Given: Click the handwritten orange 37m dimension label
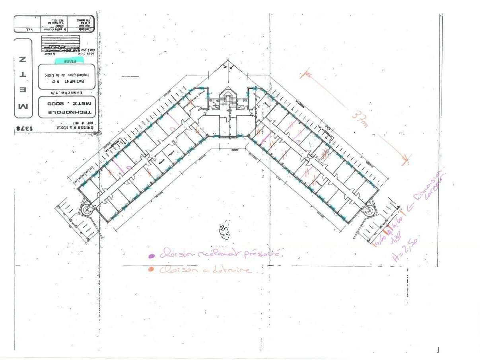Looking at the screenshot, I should pos(360,118).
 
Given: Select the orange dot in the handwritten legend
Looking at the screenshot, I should pos(151,269).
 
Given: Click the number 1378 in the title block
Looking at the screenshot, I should pos(23,129).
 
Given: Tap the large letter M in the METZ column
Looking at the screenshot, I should pos(23,107).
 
